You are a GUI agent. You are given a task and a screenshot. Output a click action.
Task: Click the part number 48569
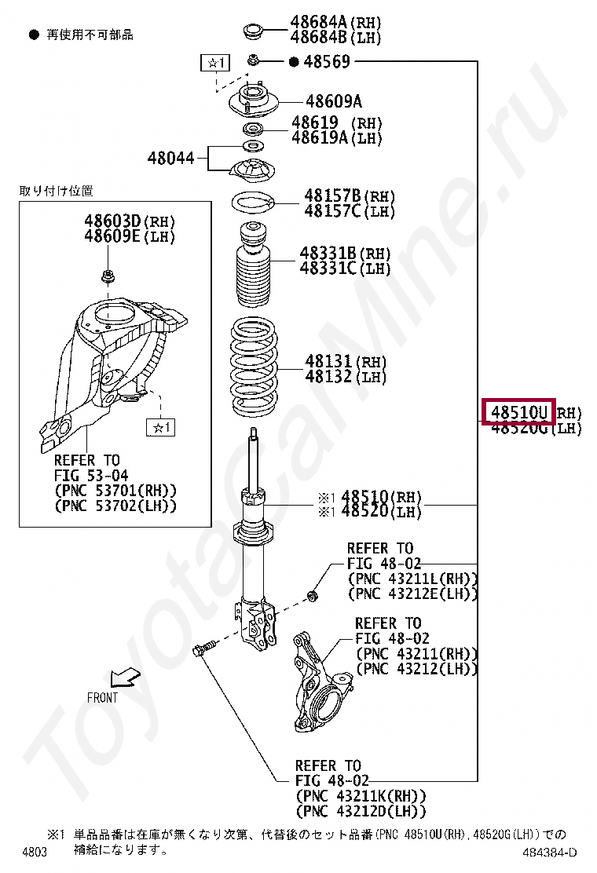327,62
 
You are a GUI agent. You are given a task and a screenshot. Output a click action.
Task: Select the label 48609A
334,101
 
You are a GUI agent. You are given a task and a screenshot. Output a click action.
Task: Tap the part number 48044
170,158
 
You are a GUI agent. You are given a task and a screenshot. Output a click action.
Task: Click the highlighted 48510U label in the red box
518,411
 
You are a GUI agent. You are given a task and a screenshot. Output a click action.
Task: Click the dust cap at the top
253,33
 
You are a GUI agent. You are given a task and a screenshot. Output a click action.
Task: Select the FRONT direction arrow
123,675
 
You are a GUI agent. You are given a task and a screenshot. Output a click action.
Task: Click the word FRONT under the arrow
103,697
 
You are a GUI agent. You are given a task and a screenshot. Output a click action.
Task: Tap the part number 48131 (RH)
329,362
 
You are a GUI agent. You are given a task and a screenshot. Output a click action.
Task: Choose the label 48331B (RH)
328,254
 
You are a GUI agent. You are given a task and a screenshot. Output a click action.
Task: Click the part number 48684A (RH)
319,23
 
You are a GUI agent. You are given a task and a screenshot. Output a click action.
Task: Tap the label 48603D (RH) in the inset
112,221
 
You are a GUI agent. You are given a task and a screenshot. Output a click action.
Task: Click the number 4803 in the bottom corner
35,853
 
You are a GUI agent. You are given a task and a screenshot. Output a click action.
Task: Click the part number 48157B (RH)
332,195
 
